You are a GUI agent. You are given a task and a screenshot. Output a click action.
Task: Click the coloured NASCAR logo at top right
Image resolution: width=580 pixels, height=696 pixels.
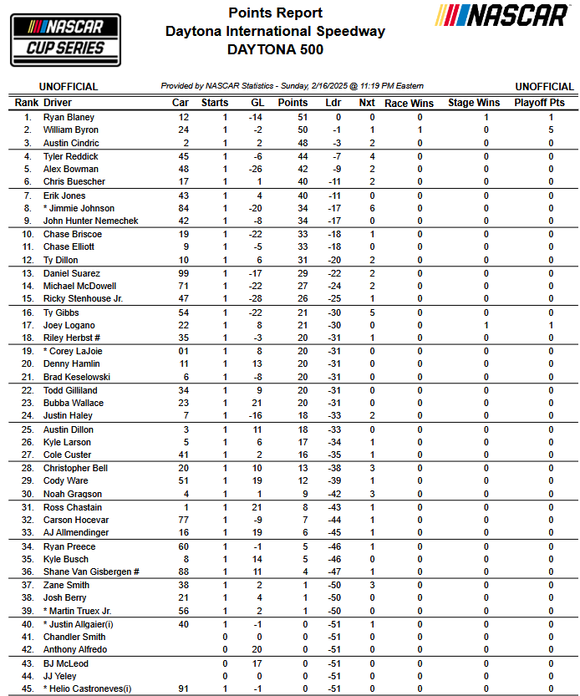(x=504, y=15)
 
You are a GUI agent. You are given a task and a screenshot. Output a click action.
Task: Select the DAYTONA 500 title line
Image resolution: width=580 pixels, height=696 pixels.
(x=275, y=50)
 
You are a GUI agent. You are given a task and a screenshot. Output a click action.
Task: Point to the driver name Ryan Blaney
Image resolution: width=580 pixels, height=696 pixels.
(x=69, y=118)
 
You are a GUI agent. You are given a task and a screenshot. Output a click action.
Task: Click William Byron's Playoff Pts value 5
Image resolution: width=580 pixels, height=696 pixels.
(x=551, y=130)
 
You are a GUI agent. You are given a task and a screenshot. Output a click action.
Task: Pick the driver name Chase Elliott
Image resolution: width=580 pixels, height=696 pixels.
(x=69, y=247)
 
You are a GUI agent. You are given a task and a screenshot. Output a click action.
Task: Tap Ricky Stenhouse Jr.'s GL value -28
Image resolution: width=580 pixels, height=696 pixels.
(x=256, y=299)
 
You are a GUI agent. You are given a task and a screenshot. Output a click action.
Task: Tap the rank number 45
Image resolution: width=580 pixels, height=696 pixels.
(x=27, y=689)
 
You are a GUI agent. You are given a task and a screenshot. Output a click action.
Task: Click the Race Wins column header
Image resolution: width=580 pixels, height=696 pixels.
(x=409, y=103)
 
